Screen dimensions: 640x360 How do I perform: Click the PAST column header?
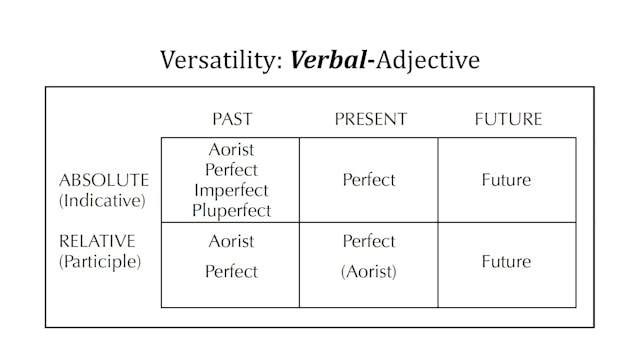pos(232,119)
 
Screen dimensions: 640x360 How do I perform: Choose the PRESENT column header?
pos(370,119)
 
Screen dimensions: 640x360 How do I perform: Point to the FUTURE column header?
pos(507,119)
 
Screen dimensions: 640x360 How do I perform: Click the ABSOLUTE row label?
pos(105,180)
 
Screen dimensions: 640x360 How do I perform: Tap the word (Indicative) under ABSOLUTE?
pos(102,200)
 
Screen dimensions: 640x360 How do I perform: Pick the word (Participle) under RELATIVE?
pos(100,262)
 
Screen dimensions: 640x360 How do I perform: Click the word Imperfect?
pos(232,190)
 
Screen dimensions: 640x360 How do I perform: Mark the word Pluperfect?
pos(232,210)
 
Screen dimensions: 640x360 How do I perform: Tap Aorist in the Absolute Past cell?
pos(232,150)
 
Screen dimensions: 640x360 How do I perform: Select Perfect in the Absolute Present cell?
pos(369,180)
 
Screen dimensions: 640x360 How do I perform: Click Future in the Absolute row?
pos(506,180)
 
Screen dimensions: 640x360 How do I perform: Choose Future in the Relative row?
pos(506,262)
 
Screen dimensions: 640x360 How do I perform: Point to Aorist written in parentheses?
pos(369,271)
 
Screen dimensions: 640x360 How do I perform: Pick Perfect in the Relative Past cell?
pos(232,271)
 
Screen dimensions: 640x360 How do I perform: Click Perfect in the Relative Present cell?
pos(369,241)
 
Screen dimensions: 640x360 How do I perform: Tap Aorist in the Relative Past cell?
pos(232,241)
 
